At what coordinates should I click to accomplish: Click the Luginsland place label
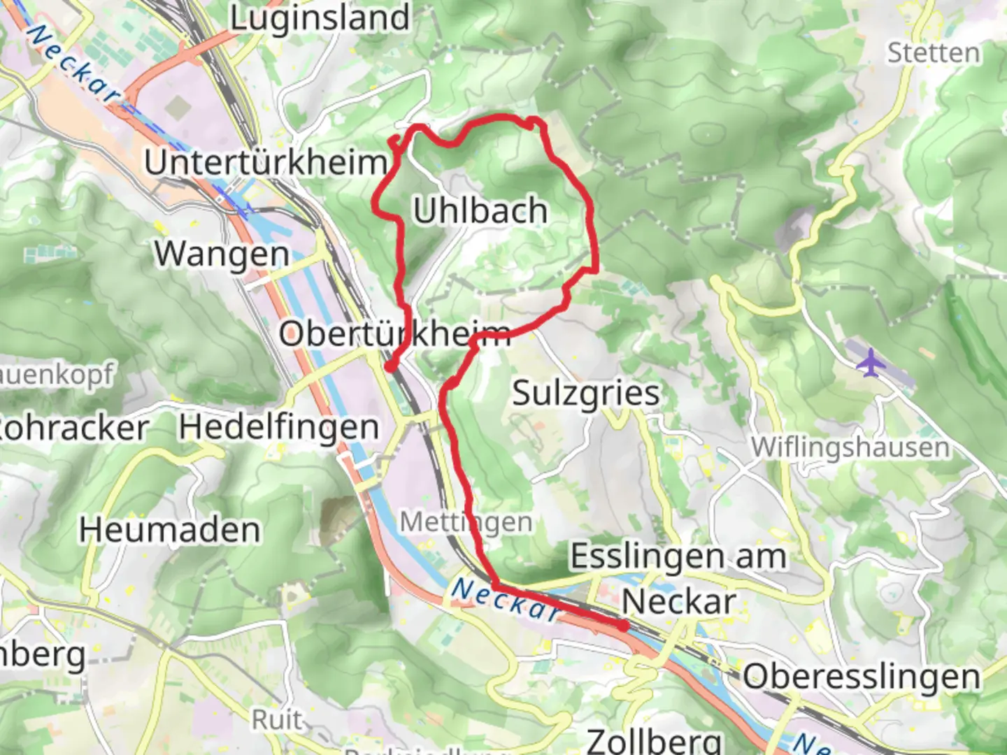[320, 18]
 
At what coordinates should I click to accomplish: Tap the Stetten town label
[934, 53]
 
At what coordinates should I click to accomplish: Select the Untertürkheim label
[266, 162]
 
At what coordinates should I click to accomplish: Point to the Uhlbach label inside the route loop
[480, 210]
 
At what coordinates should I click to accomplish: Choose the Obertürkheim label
[395, 333]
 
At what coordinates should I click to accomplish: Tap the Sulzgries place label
[586, 393]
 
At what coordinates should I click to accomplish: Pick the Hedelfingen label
[279, 427]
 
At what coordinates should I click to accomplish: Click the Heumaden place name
[169, 530]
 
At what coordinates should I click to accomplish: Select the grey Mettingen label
[466, 522]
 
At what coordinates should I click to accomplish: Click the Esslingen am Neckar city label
[678, 578]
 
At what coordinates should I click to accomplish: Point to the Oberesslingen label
[862, 677]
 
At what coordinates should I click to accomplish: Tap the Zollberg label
[655, 740]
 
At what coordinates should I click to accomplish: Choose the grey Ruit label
[278, 719]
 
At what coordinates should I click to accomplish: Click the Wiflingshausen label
[850, 447]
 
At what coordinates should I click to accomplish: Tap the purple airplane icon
[870, 362]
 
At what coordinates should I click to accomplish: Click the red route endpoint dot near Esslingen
[622, 626]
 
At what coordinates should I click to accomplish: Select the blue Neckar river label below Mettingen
[505, 600]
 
